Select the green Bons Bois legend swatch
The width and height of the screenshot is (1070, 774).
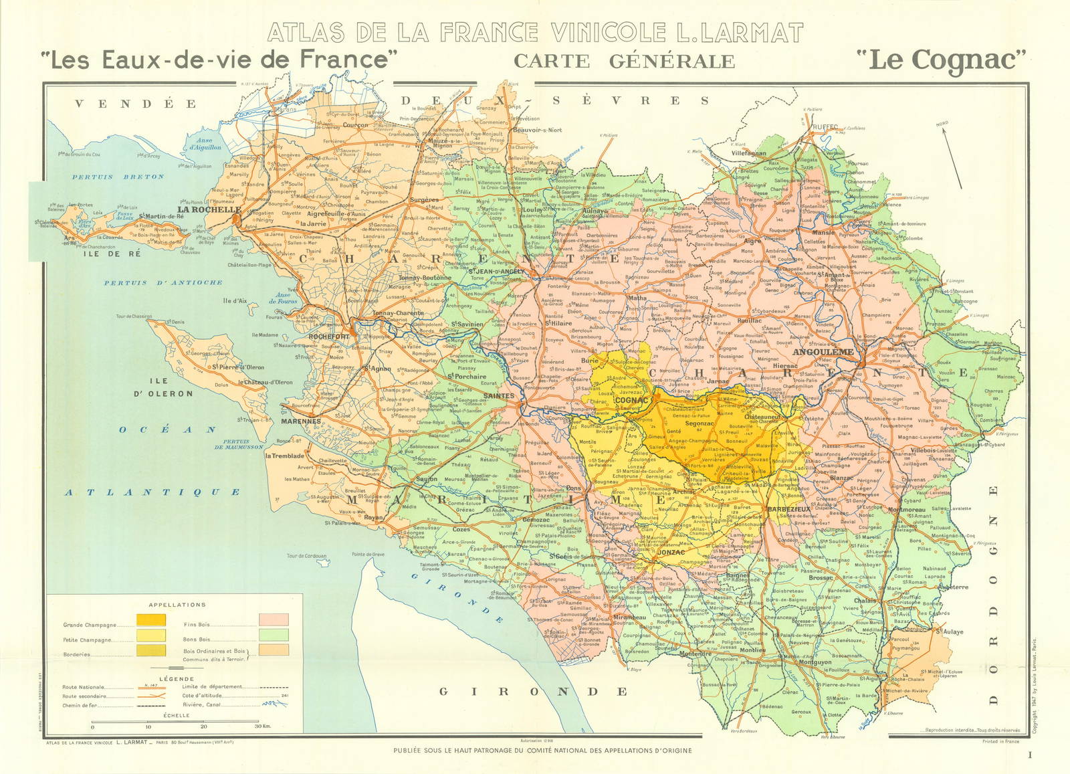click(274, 635)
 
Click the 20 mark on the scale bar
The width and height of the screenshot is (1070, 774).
click(203, 722)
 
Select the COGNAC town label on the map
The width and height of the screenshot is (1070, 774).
click(631, 400)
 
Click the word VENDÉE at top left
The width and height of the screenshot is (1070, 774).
click(136, 104)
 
